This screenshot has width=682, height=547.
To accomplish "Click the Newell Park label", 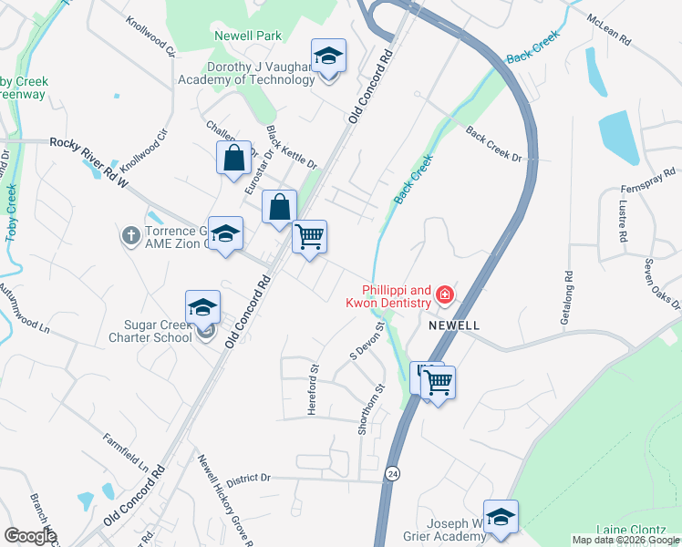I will tap(247, 36).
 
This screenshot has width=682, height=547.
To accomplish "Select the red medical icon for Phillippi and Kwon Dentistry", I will tap(445, 294).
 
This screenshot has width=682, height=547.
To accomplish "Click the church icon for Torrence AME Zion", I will tap(131, 236).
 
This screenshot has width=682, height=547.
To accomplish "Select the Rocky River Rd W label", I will tap(90, 160).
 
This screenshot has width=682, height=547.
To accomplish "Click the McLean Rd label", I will tap(608, 30).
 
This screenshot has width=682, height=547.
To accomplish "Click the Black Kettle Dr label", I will tap(291, 149).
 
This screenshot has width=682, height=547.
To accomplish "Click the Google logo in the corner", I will tap(29, 536).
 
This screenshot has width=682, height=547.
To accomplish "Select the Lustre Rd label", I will tap(624, 222).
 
